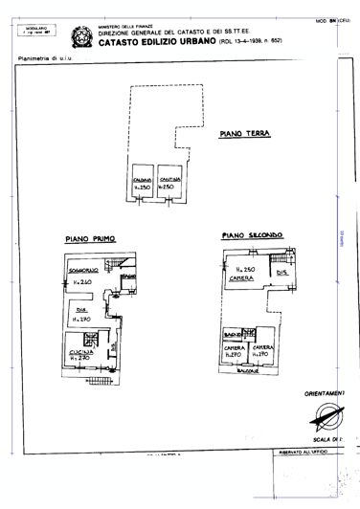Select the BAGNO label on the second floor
coord(232,334)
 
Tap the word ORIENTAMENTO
coord(331,392)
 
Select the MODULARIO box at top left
coord(36,32)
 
